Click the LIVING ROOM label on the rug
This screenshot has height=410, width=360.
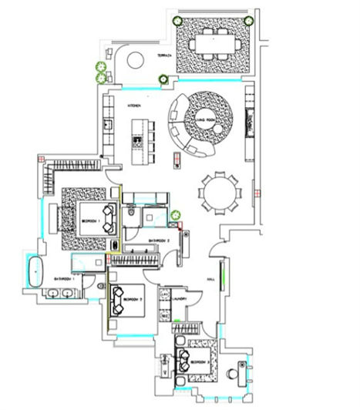tap(207, 120)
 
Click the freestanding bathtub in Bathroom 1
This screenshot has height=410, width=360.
tap(35, 271)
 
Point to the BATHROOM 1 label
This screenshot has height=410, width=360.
tap(64, 278)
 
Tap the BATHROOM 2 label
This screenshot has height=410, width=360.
tap(158, 241)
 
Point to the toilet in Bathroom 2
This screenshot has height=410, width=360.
tap(133, 213)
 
